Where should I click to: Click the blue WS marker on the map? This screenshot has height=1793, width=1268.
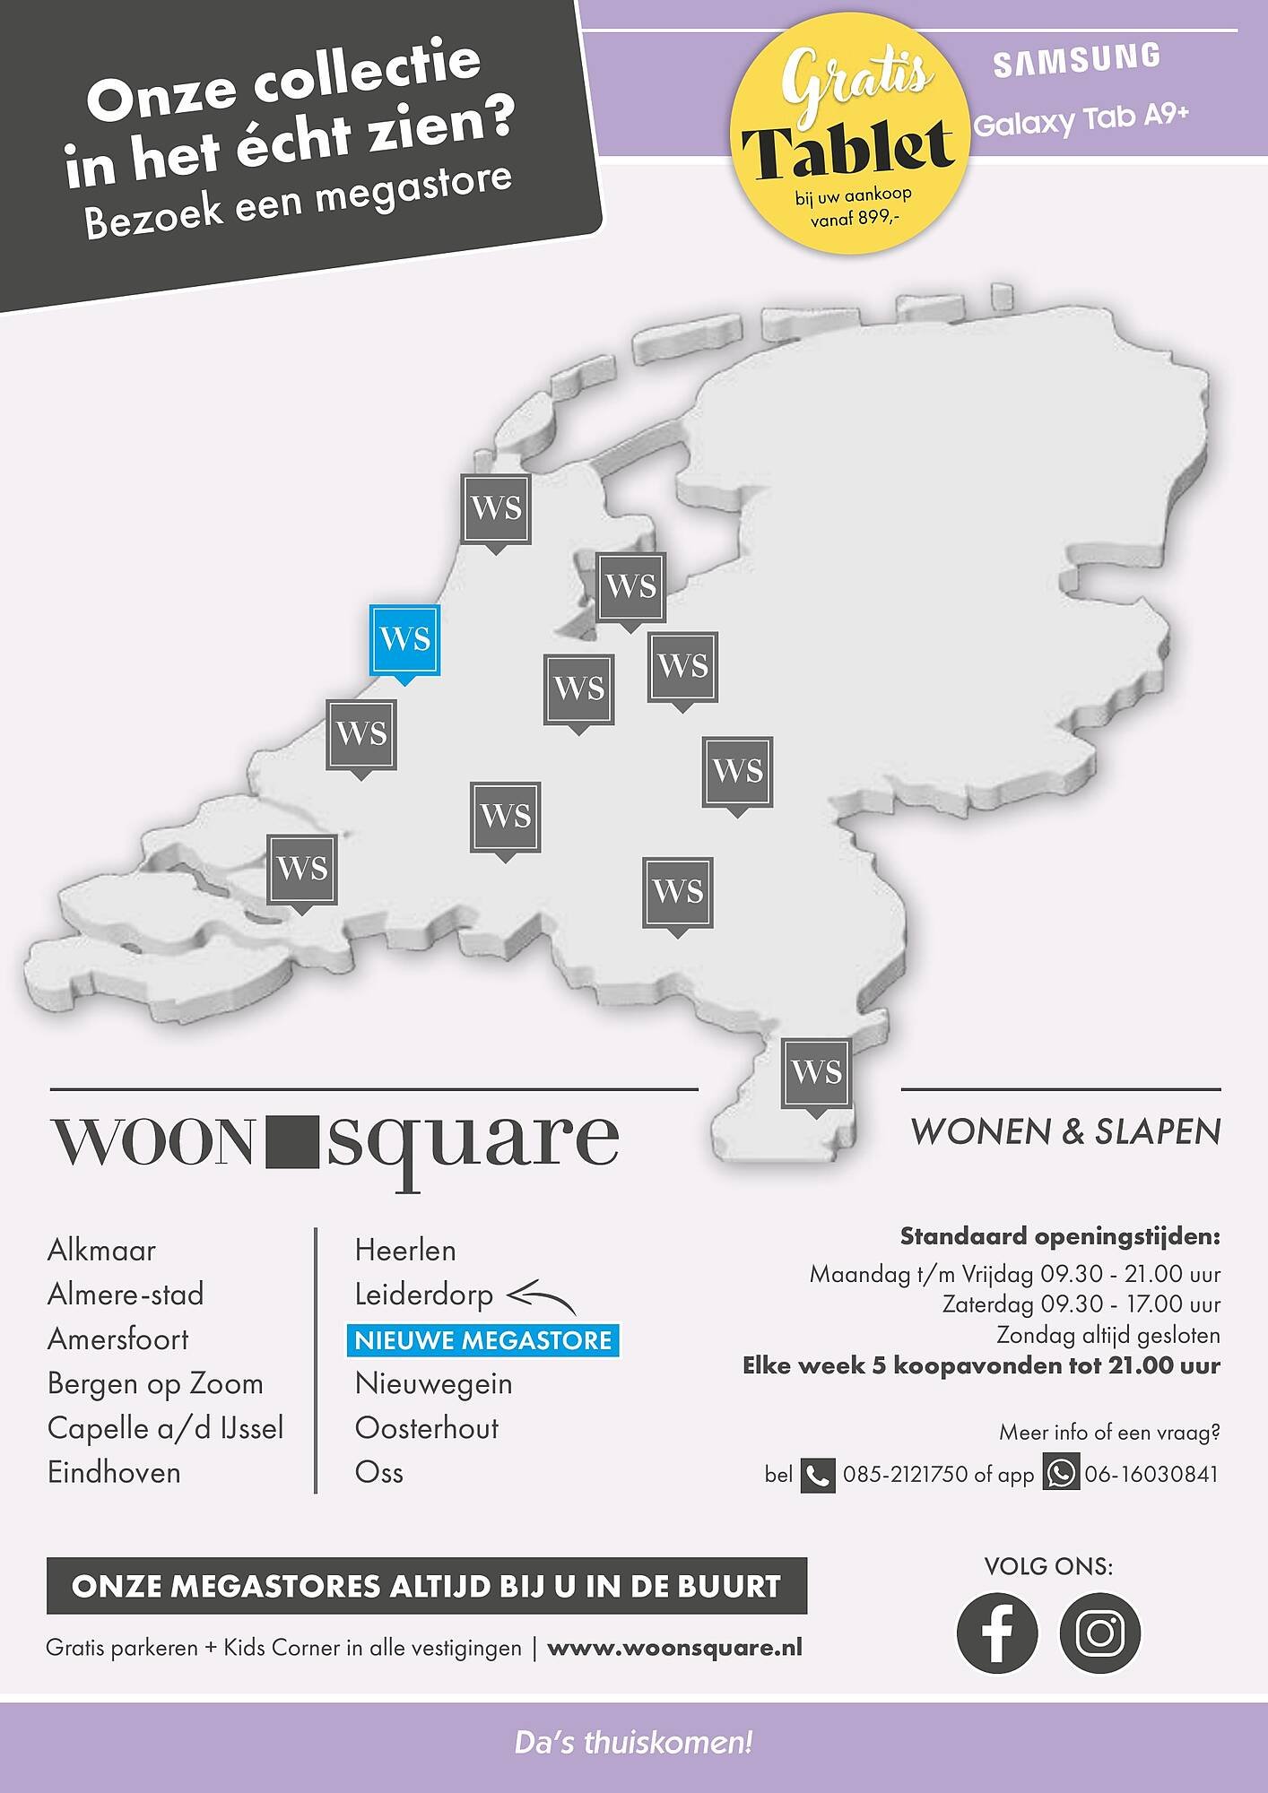(x=404, y=640)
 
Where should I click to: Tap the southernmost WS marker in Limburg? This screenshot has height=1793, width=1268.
(x=816, y=1072)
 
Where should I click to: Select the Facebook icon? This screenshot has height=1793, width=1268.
(x=996, y=1633)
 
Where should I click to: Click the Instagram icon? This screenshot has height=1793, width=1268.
(x=1099, y=1633)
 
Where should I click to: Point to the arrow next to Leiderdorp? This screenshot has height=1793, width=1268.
(x=541, y=1297)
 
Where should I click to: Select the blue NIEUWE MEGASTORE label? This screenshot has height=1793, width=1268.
(x=482, y=1340)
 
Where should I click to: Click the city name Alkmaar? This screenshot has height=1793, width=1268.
(x=101, y=1250)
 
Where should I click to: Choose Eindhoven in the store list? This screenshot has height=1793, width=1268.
(x=114, y=1472)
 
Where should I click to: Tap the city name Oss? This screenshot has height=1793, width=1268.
(x=378, y=1472)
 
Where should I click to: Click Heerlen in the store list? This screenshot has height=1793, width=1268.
(x=405, y=1250)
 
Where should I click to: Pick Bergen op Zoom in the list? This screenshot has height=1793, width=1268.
(x=155, y=1383)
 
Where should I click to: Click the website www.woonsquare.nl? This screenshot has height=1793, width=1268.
(x=674, y=1648)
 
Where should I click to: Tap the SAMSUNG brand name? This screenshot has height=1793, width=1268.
(x=1076, y=60)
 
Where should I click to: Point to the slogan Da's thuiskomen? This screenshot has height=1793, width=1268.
(x=633, y=1743)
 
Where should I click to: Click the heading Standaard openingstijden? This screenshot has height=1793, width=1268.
(x=1060, y=1236)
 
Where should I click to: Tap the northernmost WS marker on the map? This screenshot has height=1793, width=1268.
(x=496, y=508)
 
